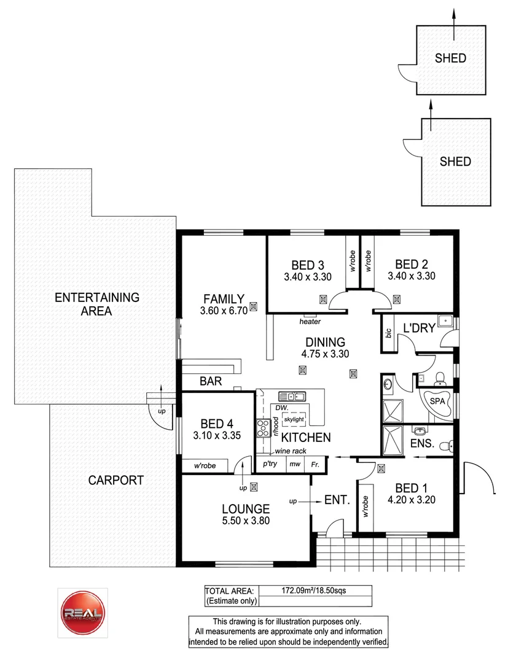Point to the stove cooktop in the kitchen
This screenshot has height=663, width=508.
[x=262, y=427]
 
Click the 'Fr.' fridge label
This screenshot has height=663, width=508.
[x=315, y=465]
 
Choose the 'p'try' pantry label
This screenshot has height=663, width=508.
[x=270, y=465]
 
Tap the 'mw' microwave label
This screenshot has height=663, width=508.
[x=294, y=465]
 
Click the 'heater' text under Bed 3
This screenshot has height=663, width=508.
[x=310, y=321]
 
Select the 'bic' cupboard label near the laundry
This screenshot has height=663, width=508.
[x=388, y=333]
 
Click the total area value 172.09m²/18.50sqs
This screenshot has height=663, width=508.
[x=315, y=591]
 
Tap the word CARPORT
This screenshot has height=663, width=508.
[x=115, y=480]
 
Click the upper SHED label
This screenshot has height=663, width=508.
[x=450, y=59]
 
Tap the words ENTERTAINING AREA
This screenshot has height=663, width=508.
[x=97, y=304]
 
